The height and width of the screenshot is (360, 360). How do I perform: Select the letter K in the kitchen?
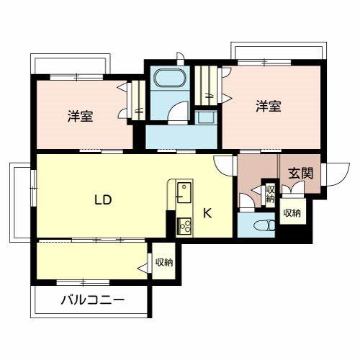[x=207, y=212]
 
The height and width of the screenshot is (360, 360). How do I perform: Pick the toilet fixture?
[x=262, y=225]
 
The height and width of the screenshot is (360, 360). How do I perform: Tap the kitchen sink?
[x=184, y=193]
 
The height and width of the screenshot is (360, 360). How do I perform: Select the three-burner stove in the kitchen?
[x=184, y=225]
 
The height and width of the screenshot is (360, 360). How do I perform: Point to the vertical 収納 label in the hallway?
[x=270, y=193]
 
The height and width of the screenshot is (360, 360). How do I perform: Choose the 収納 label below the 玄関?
[x=291, y=213]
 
